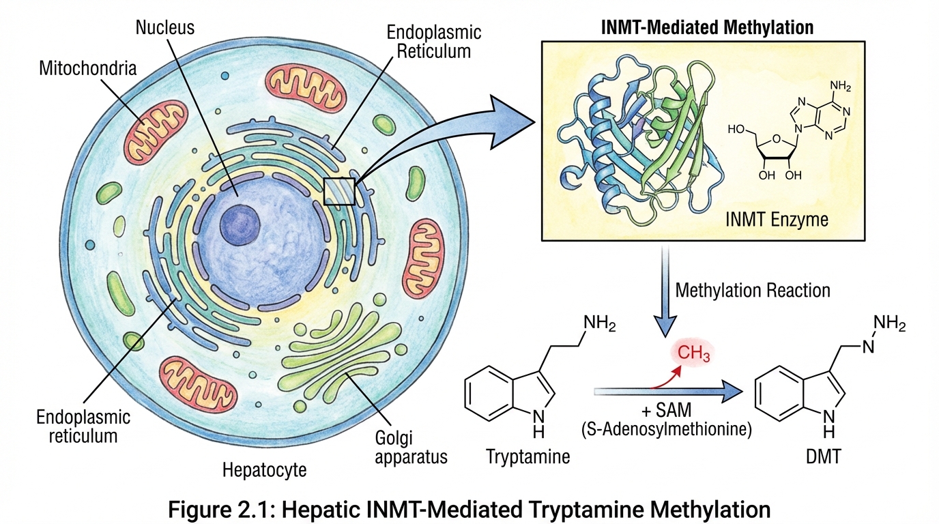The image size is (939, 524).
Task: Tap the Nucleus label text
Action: coord(165,28)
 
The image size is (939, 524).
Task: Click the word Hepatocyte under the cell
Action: coord(265,469)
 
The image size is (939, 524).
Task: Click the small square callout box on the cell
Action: coord(339,191)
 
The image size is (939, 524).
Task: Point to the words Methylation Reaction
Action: coord(752,290)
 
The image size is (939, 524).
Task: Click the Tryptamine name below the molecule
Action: coord(528,456)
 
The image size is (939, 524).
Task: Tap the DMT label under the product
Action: coord(822,456)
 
